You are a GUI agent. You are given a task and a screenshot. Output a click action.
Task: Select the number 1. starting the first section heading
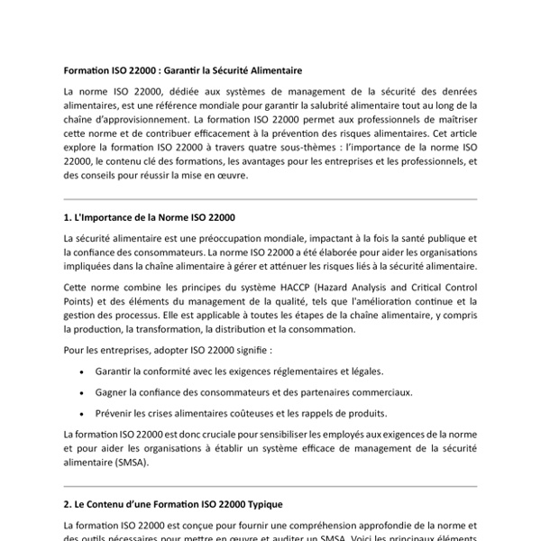(69, 217)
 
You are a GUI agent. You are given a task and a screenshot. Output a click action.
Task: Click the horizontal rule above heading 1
(270, 199)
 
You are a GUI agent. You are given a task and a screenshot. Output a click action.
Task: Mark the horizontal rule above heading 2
(270, 484)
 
